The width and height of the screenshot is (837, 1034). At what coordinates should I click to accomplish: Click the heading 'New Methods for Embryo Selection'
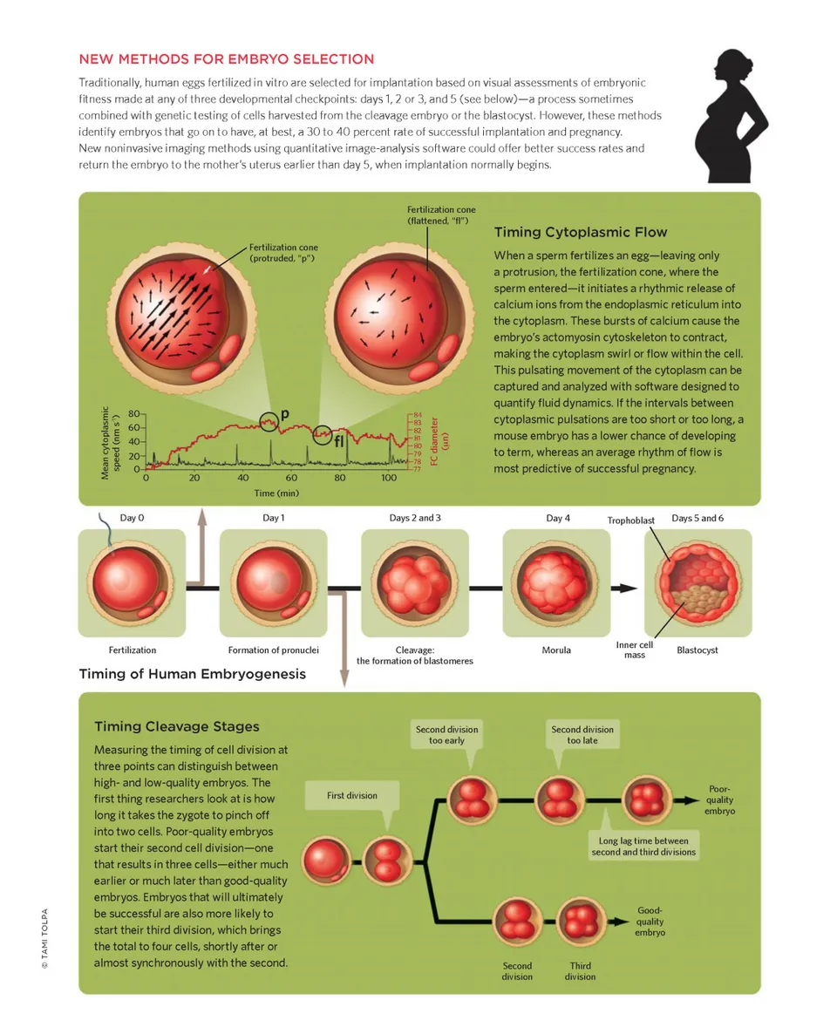[x=227, y=59]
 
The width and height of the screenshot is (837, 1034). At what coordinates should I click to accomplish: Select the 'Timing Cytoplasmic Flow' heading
[x=580, y=232]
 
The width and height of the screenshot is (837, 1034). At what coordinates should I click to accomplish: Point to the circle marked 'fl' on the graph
[x=323, y=432]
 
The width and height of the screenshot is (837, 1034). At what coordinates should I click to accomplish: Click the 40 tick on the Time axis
[x=242, y=479]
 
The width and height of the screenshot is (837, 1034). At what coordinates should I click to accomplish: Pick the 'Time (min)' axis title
[x=276, y=493]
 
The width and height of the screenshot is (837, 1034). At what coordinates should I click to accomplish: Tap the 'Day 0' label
[x=132, y=518]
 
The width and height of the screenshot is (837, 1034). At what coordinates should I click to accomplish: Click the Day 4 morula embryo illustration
[x=555, y=582]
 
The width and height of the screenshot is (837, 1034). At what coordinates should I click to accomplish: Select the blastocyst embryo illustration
[x=697, y=582]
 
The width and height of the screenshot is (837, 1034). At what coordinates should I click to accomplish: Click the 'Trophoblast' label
[x=630, y=520]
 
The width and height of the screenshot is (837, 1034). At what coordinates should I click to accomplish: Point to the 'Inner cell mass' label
[x=634, y=650]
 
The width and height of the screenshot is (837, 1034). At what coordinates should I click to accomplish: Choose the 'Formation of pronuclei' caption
[x=274, y=650]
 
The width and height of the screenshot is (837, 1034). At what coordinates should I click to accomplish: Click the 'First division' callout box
[x=352, y=795]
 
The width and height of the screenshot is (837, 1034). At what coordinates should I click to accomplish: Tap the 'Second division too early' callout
[x=446, y=735]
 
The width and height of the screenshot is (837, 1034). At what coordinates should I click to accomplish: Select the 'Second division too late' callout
[x=582, y=735]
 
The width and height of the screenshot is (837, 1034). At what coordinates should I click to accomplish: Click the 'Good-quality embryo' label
[x=650, y=922]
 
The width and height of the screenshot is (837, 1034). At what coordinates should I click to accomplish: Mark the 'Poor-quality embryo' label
[x=719, y=799]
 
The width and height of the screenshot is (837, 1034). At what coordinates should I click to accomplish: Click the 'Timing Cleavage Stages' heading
[x=176, y=726]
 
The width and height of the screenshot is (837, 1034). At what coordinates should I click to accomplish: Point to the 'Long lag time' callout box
[x=643, y=847]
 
